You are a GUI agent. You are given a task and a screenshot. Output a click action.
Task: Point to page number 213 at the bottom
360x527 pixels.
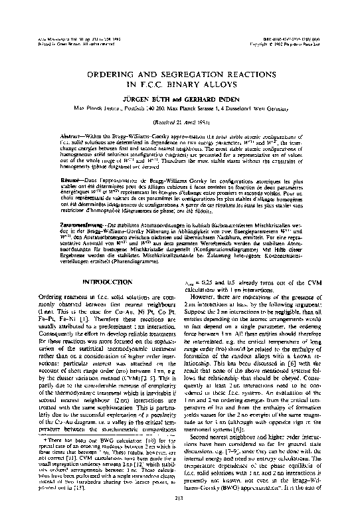(180, 515)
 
